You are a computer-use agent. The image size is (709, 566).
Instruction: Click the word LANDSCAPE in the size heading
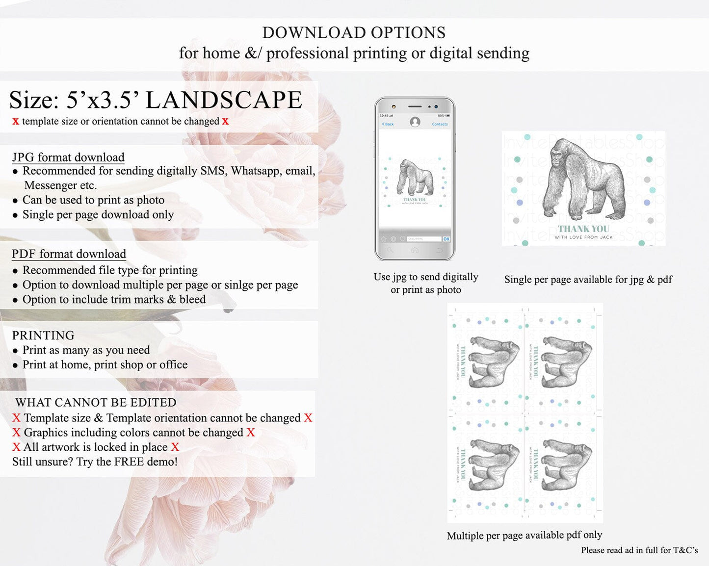point(224,100)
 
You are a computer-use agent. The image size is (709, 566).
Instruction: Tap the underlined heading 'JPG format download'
point(68,157)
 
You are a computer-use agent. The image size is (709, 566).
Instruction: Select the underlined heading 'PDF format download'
point(69,254)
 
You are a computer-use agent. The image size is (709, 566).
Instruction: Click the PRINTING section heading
point(43,335)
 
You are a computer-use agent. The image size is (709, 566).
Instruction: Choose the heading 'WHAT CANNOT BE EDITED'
point(96,403)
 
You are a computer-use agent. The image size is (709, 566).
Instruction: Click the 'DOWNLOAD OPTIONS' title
point(354,33)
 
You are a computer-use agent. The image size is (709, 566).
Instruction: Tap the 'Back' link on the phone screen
point(388,124)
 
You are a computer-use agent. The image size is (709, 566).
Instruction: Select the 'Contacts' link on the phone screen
point(440,124)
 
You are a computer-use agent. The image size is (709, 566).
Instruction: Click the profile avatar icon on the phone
point(415,122)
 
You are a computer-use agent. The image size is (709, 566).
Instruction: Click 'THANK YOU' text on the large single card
point(583,229)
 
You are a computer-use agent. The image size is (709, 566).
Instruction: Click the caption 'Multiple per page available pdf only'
point(524,535)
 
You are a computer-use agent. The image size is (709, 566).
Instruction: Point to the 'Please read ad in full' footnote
point(639,550)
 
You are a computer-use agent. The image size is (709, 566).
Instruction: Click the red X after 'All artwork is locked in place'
point(175,447)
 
